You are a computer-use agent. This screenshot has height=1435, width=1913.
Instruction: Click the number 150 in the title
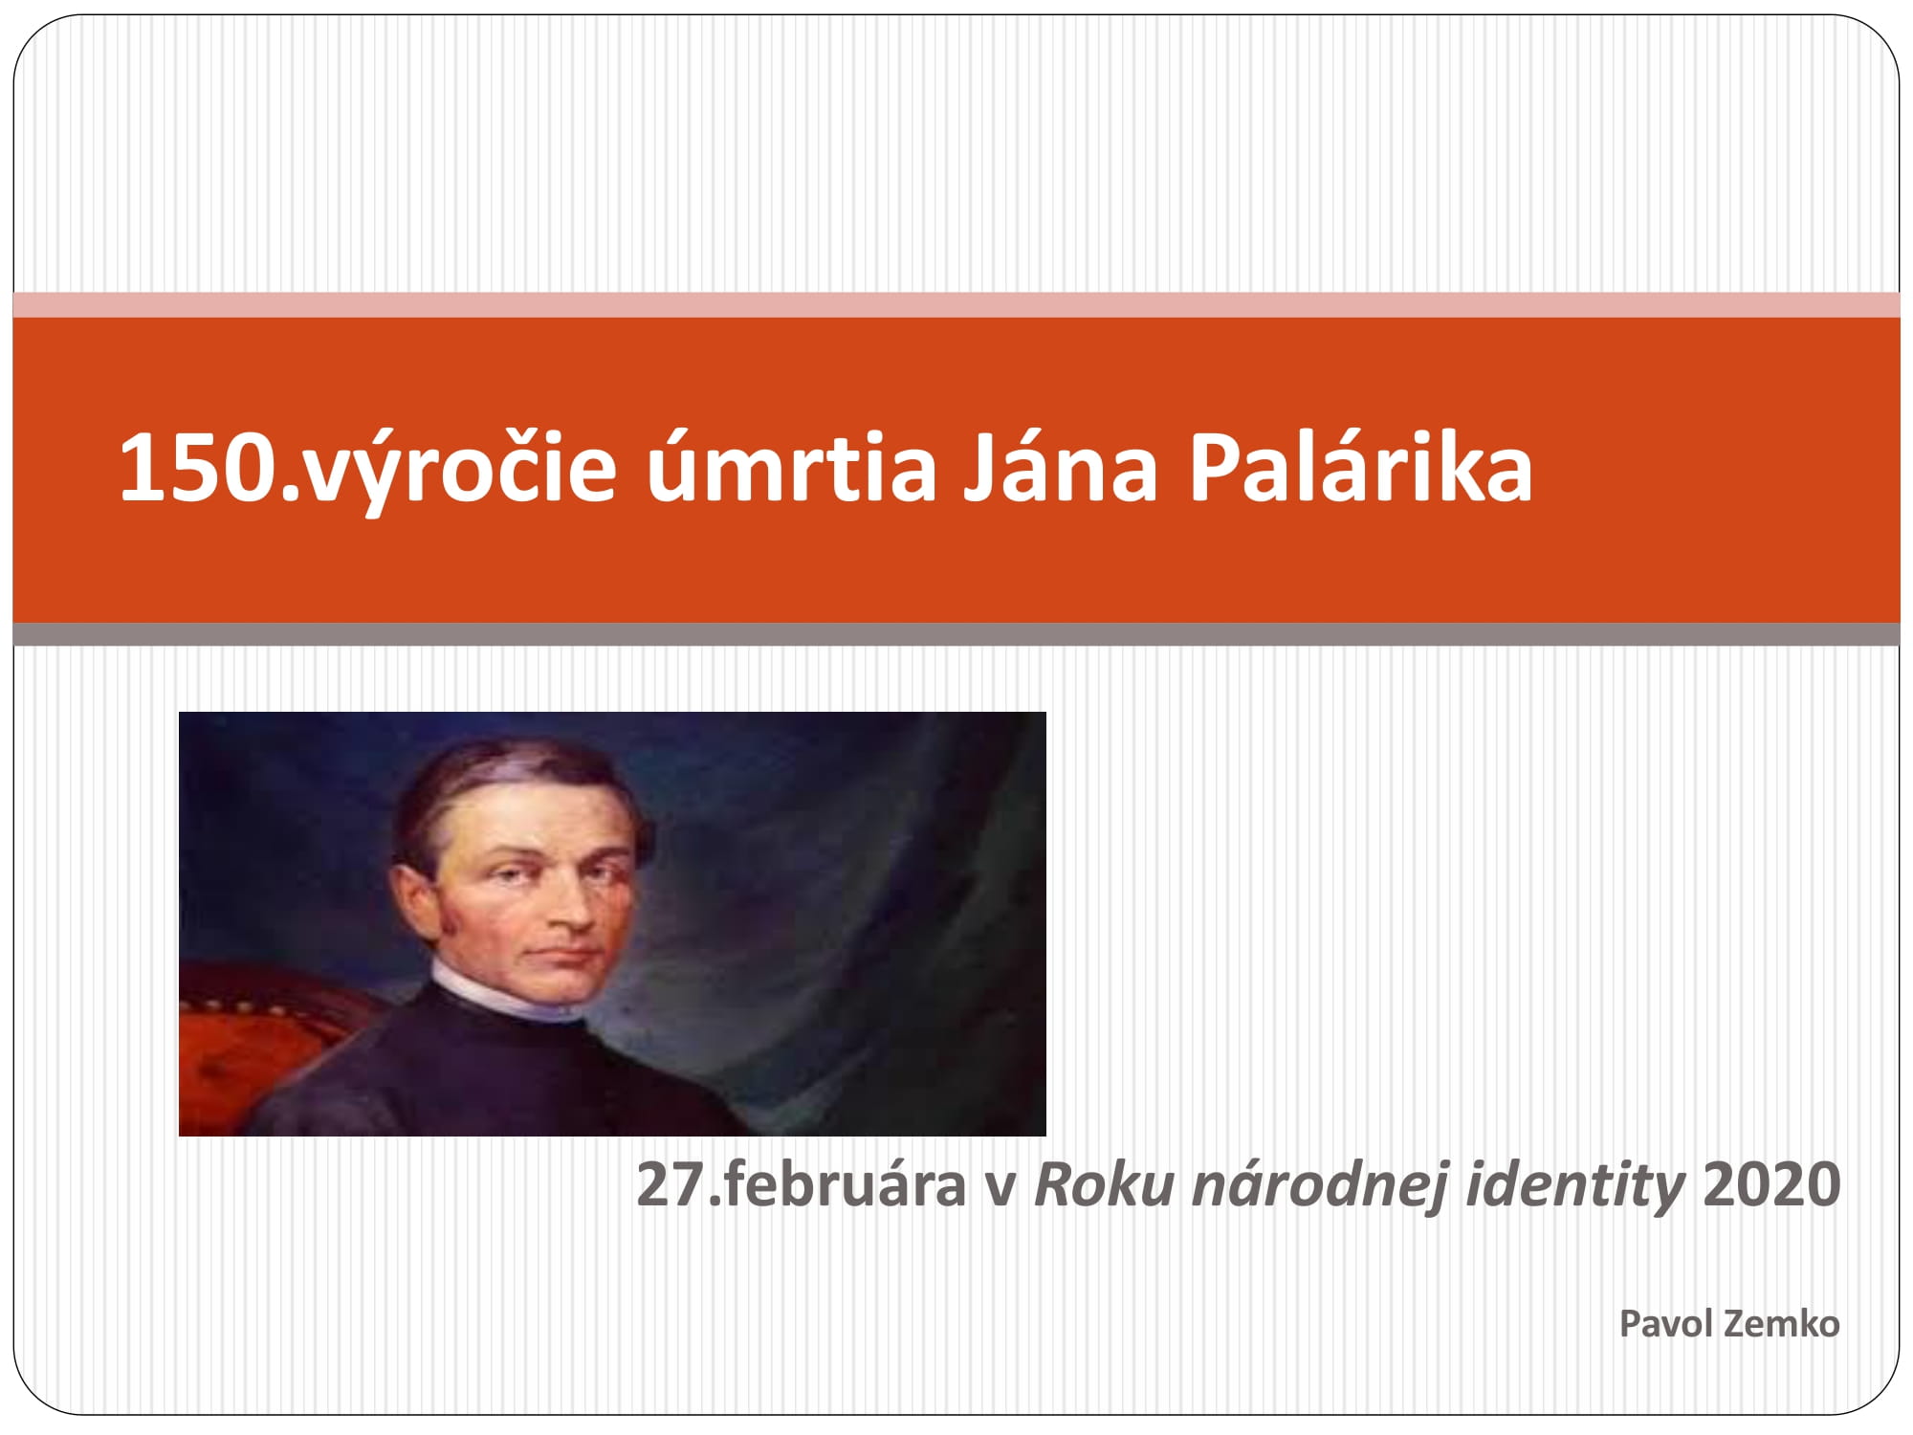(199, 468)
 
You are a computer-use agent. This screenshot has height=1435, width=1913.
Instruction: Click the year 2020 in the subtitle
(1772, 1184)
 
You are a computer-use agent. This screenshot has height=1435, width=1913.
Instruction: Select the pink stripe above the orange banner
(956, 305)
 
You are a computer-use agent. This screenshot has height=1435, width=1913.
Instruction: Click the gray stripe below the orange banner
(956, 634)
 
